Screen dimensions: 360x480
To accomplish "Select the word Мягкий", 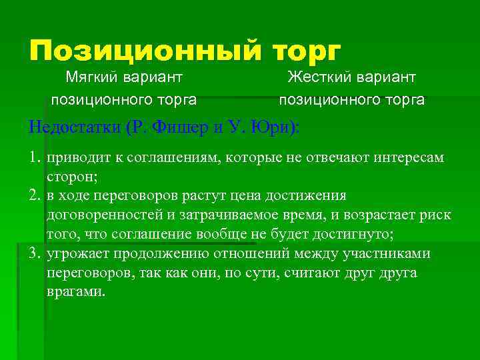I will click(92, 78).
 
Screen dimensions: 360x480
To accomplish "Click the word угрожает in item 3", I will click(76, 254).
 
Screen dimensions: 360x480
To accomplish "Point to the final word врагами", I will click(75, 293).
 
